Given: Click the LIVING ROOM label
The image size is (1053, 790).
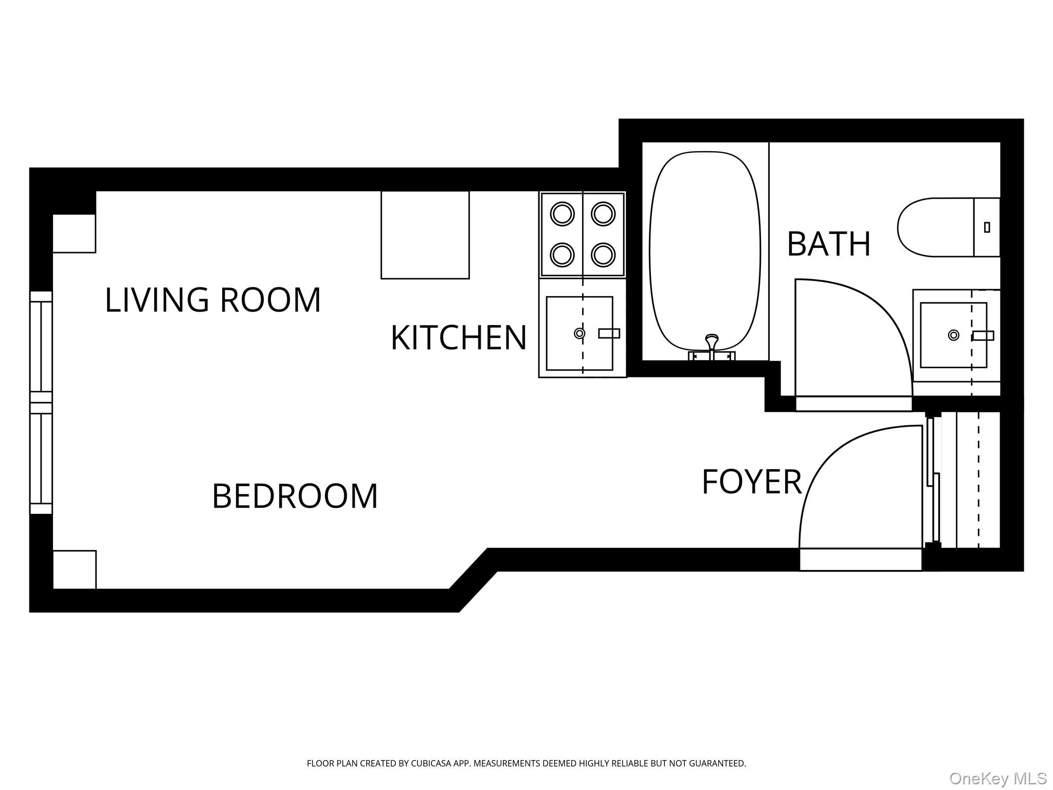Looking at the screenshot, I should tap(213, 300).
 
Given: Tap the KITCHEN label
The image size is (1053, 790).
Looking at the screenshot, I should tap(459, 338).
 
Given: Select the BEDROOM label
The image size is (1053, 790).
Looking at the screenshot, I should tap(295, 496).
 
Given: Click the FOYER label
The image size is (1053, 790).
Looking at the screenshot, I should tap(751, 482).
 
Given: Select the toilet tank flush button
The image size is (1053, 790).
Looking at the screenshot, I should tap(987, 227).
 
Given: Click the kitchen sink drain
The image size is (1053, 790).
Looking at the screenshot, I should tap(579, 333).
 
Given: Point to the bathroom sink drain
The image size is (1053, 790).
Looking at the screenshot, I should tap(953, 335).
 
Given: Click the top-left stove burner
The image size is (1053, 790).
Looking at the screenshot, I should tap(562, 213).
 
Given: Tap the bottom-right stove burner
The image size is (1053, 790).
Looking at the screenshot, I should tap(603, 254).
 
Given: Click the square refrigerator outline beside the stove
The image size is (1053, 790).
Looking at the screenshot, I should tap(425, 235).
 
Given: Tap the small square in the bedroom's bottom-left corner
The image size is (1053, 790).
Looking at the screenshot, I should tap(75, 569).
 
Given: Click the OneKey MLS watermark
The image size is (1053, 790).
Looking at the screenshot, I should tap(997, 778).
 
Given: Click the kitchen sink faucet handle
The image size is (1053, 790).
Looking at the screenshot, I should tap(609, 333).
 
